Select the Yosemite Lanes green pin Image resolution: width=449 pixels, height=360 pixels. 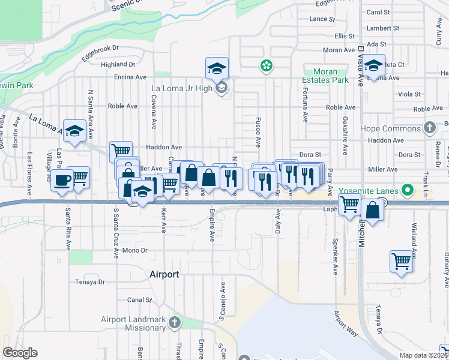pos(408,191)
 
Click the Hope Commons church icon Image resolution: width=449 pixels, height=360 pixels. pos(429,128)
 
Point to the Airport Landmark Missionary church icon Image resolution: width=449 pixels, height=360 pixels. pos(174,323)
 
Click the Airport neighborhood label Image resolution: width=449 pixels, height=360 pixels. pos(164,274)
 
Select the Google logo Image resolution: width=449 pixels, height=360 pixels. pos(20,353)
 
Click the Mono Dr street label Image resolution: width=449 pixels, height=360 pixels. pos(134,250)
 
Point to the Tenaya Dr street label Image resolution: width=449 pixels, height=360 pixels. pos(90,281)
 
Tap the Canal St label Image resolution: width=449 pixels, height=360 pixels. pos(139,300)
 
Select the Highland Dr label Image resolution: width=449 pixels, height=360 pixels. pos(118,64)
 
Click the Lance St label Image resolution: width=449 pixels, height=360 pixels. pos(322,19)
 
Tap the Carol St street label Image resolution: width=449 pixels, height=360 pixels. pos(378,12)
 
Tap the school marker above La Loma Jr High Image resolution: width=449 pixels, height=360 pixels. pos(217,68)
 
